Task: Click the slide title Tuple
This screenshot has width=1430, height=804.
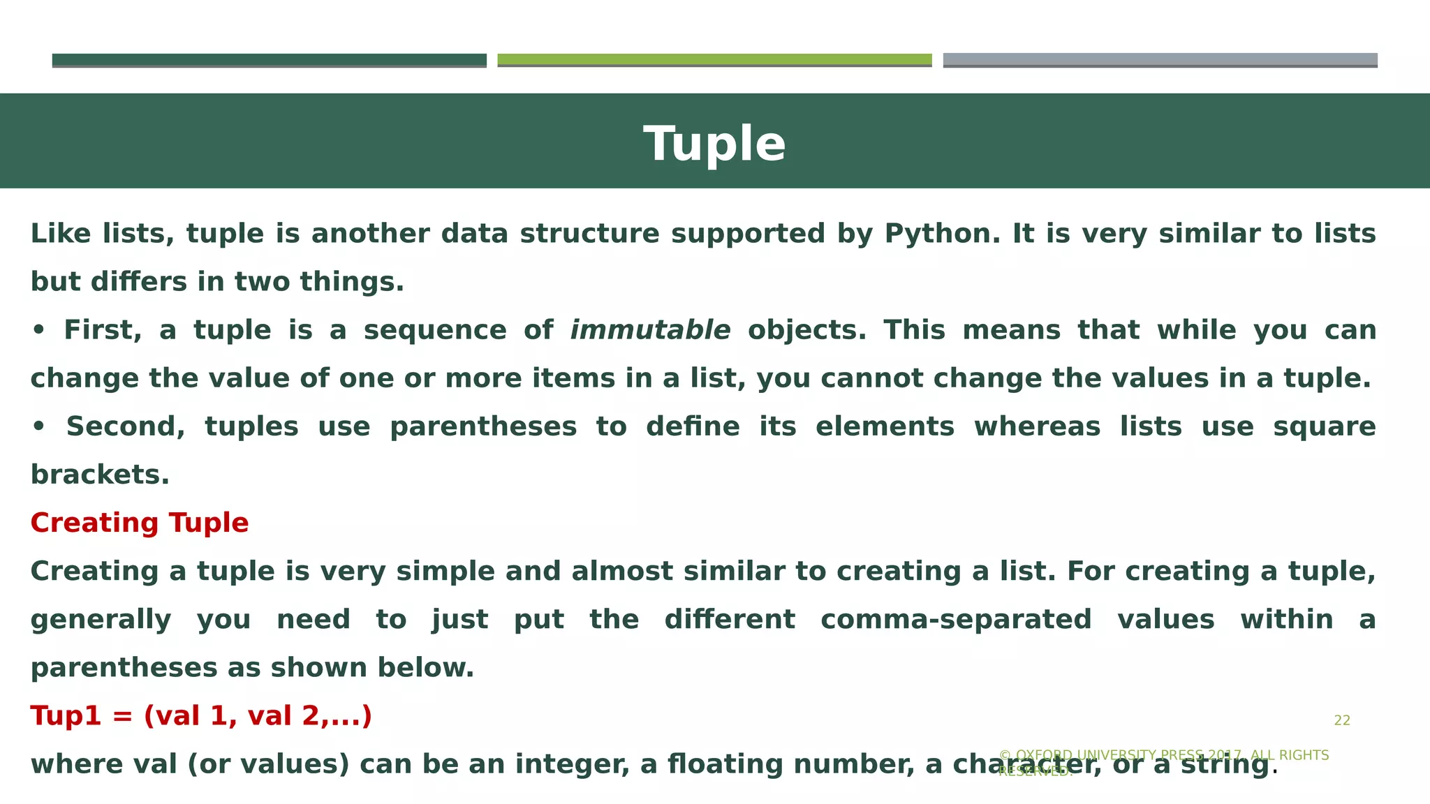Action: coord(714,144)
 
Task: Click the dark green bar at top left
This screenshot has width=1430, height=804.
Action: coord(269,60)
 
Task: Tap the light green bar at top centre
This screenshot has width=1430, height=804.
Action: coord(714,60)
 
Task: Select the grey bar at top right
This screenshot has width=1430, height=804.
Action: coord(1160,60)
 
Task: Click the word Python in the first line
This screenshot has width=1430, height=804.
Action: coord(938,234)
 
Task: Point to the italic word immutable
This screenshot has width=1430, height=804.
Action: coord(650,330)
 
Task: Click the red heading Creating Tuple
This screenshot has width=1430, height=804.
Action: coord(140,523)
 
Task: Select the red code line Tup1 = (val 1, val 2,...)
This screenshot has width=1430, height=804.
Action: coord(201,715)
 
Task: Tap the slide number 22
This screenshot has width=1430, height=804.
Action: coord(1342,720)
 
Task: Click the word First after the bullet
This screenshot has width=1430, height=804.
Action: coord(102,330)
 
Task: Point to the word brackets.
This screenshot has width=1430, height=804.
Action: coord(100,475)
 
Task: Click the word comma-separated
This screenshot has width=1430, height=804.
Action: coord(956,620)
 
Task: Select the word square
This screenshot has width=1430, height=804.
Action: coord(1324,426)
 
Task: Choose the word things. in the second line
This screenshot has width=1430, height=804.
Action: coord(352,282)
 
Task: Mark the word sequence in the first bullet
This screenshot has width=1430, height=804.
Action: coord(435,330)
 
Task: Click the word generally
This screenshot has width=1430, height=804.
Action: coord(101,620)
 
